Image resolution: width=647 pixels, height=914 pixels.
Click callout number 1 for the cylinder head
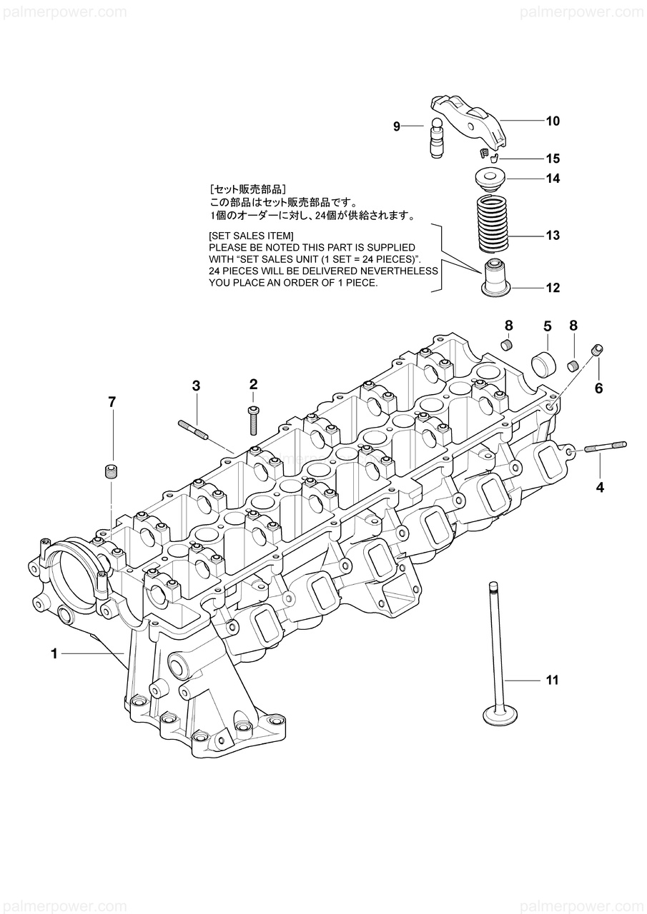[54, 653]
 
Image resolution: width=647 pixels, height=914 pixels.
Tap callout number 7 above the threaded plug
[111, 403]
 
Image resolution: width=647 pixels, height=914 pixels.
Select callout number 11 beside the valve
[552, 680]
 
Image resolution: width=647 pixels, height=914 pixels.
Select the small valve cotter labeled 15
[487, 154]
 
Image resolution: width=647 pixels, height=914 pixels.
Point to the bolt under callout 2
[253, 421]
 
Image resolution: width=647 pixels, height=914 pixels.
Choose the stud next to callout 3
[193, 430]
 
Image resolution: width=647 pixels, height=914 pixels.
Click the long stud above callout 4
[605, 447]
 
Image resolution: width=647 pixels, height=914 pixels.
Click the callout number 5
[548, 326]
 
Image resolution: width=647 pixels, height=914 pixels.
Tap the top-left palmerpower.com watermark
[64, 12]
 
